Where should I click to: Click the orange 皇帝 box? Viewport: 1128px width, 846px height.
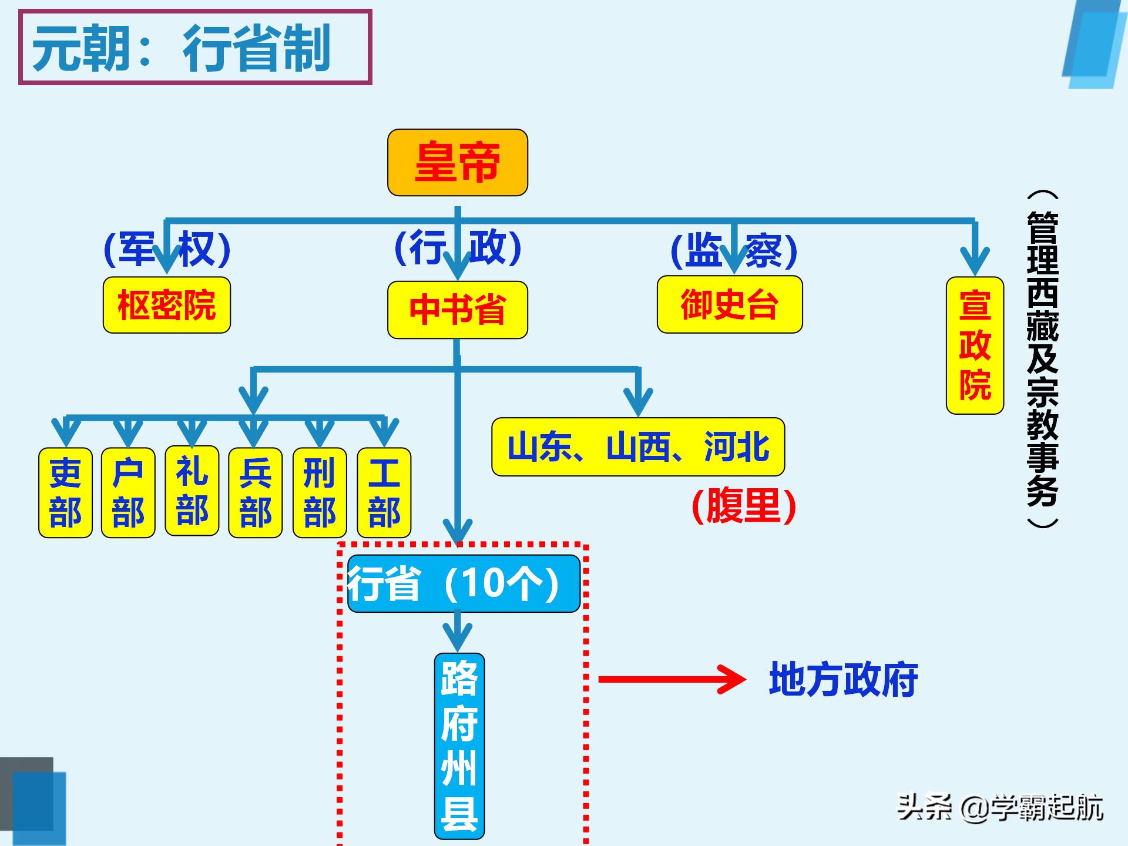(457, 163)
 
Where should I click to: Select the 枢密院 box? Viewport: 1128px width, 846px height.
(167, 305)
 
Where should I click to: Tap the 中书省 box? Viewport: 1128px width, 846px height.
(457, 310)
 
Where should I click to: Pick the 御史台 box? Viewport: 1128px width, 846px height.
(729, 304)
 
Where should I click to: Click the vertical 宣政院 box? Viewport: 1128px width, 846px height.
(975, 345)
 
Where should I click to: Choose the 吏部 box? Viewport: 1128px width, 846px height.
(65, 492)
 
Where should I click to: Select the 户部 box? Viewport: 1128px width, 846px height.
(128, 492)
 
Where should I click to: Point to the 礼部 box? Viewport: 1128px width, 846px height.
(192, 491)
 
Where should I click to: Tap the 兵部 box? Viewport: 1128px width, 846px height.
(255, 492)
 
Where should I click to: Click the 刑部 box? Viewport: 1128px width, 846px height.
(319, 492)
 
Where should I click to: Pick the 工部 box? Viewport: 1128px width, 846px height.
(384, 492)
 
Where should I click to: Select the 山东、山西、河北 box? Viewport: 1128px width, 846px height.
(638, 446)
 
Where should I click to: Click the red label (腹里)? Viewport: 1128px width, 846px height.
(744, 506)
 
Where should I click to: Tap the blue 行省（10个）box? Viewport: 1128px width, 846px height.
(464, 583)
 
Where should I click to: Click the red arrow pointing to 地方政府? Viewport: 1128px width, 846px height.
(671, 680)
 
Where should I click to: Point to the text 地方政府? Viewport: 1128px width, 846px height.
(843, 680)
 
